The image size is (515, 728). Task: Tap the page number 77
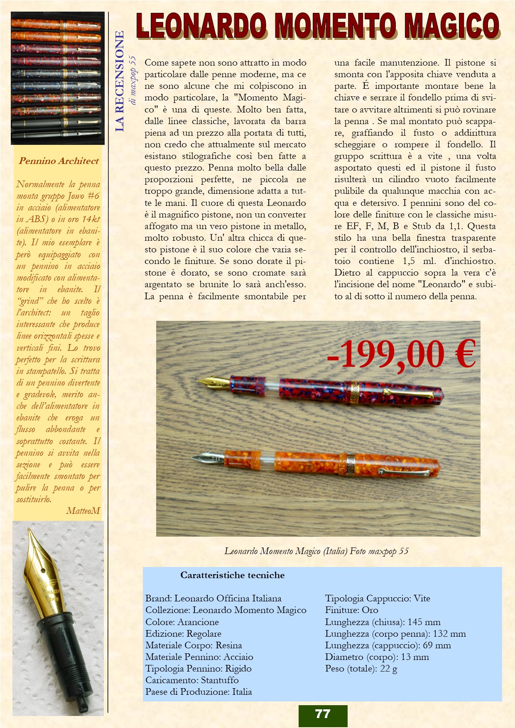click(x=323, y=714)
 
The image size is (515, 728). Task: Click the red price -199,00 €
click(x=401, y=354)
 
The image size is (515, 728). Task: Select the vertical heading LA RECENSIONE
click(x=120, y=81)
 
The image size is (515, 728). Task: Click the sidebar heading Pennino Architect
click(x=59, y=161)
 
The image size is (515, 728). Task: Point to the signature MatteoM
click(x=83, y=511)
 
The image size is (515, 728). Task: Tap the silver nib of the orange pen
click(x=207, y=458)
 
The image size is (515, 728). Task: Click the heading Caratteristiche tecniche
click(x=232, y=575)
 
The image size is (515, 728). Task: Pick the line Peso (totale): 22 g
click(x=361, y=669)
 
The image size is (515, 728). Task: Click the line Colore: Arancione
click(x=182, y=622)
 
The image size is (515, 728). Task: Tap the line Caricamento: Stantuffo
click(x=192, y=680)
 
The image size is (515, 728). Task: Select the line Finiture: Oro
click(x=351, y=610)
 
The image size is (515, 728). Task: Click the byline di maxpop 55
click(x=132, y=80)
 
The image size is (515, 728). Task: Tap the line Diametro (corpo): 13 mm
click(x=377, y=657)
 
